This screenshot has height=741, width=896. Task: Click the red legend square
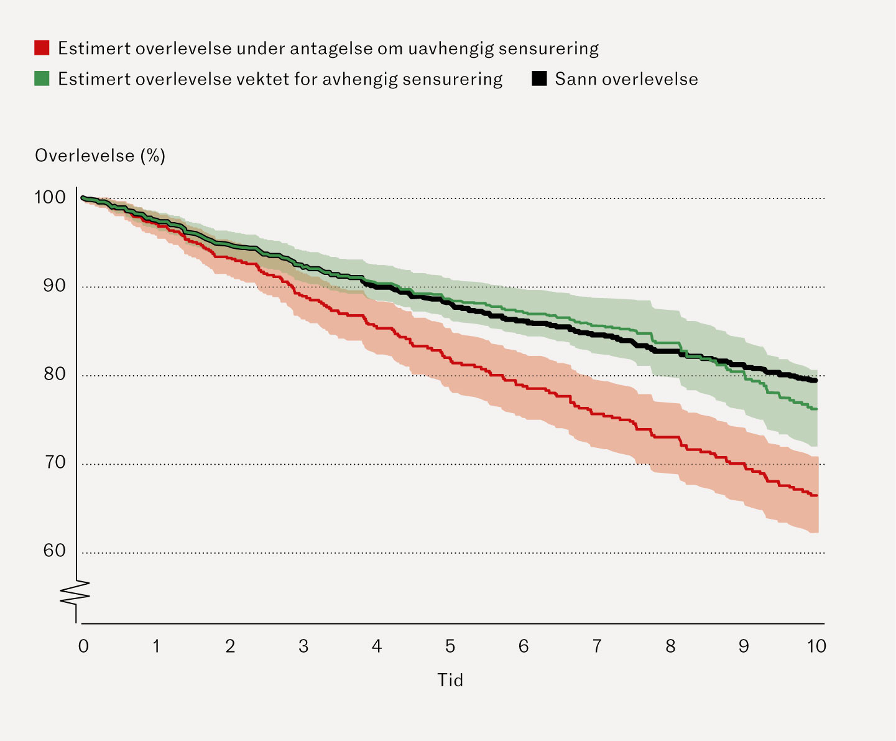coord(42,47)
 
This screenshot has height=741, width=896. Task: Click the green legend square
coord(42,78)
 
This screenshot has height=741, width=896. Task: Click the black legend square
coord(539,78)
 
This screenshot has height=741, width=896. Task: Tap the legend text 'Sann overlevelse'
coord(626,79)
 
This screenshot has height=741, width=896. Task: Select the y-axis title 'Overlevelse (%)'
coord(100,156)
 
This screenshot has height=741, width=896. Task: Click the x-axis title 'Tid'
coord(450,680)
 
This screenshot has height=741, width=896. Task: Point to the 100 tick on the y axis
coord(50,197)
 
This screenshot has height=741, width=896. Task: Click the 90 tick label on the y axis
coord(54,286)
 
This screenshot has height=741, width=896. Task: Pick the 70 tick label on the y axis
coord(54,462)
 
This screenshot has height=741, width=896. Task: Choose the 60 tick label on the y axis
coord(54,551)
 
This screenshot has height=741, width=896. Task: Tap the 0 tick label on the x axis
coord(83,647)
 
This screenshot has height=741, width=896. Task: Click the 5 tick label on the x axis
coord(450,647)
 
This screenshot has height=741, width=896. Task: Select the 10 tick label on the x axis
coord(816,647)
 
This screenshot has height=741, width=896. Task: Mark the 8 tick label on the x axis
coord(670,647)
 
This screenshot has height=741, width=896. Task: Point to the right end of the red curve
coord(815,495)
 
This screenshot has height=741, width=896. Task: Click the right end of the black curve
coord(815,380)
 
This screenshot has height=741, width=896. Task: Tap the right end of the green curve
coord(815,409)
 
